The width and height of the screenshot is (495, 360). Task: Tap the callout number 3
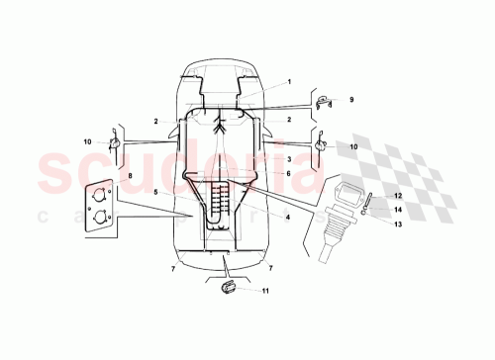tap(288, 158)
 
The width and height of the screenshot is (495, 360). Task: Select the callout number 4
tap(287, 216)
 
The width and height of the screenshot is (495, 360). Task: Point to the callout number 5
tap(155, 191)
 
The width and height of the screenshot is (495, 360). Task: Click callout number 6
tap(288, 173)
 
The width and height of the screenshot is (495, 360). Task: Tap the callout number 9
tap(349, 99)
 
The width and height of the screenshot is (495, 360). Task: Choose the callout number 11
tap(264, 291)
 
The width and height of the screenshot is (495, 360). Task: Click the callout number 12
tap(370, 196)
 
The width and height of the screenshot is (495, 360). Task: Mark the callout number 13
tap(370, 224)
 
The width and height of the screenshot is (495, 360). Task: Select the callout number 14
tap(370, 210)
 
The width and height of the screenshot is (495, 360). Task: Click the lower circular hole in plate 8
tap(100, 219)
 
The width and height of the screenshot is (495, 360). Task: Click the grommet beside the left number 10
tap(115, 144)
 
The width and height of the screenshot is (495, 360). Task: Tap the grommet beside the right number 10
tap(321, 146)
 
